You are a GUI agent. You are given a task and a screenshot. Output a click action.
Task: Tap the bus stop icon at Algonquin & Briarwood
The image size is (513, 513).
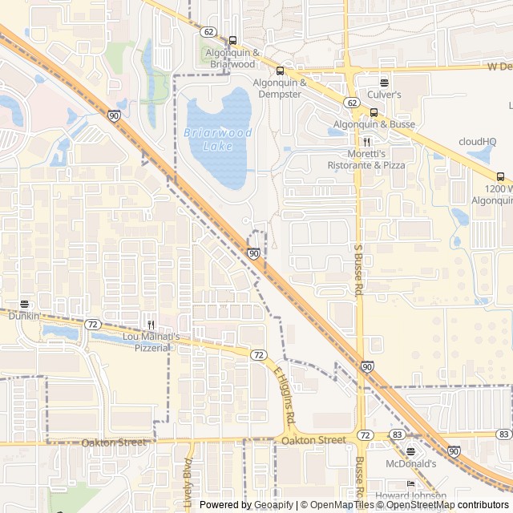point(232,40)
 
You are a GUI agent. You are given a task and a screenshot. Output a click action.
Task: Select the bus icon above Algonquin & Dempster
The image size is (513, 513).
point(280,71)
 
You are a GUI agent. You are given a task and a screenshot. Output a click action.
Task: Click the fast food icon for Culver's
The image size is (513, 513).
point(384,83)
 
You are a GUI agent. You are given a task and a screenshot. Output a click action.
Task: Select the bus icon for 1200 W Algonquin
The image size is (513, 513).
point(501,177)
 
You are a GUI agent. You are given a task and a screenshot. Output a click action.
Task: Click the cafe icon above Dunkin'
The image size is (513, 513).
point(23,305)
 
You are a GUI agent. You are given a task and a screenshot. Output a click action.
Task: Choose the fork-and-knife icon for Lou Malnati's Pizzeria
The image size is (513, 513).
point(151,325)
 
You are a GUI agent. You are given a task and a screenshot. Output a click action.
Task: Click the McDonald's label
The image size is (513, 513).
point(410,463)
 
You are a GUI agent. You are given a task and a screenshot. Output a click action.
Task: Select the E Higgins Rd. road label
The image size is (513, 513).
point(285,396)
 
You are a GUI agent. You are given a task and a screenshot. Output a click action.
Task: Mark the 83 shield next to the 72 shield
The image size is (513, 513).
point(396,434)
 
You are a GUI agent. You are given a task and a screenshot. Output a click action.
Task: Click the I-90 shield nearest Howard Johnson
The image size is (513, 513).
point(454,451)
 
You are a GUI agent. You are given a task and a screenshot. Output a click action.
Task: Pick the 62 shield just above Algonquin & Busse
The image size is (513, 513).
point(353,103)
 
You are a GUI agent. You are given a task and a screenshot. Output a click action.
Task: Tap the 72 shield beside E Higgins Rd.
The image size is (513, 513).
point(257,354)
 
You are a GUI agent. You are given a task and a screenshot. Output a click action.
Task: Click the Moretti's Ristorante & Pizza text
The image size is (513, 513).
point(366,159)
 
